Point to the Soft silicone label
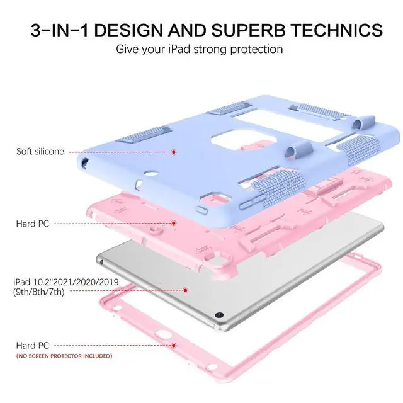40,151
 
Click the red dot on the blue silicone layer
173,152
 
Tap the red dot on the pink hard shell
173,224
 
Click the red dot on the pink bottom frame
173,345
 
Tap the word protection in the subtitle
251,49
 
